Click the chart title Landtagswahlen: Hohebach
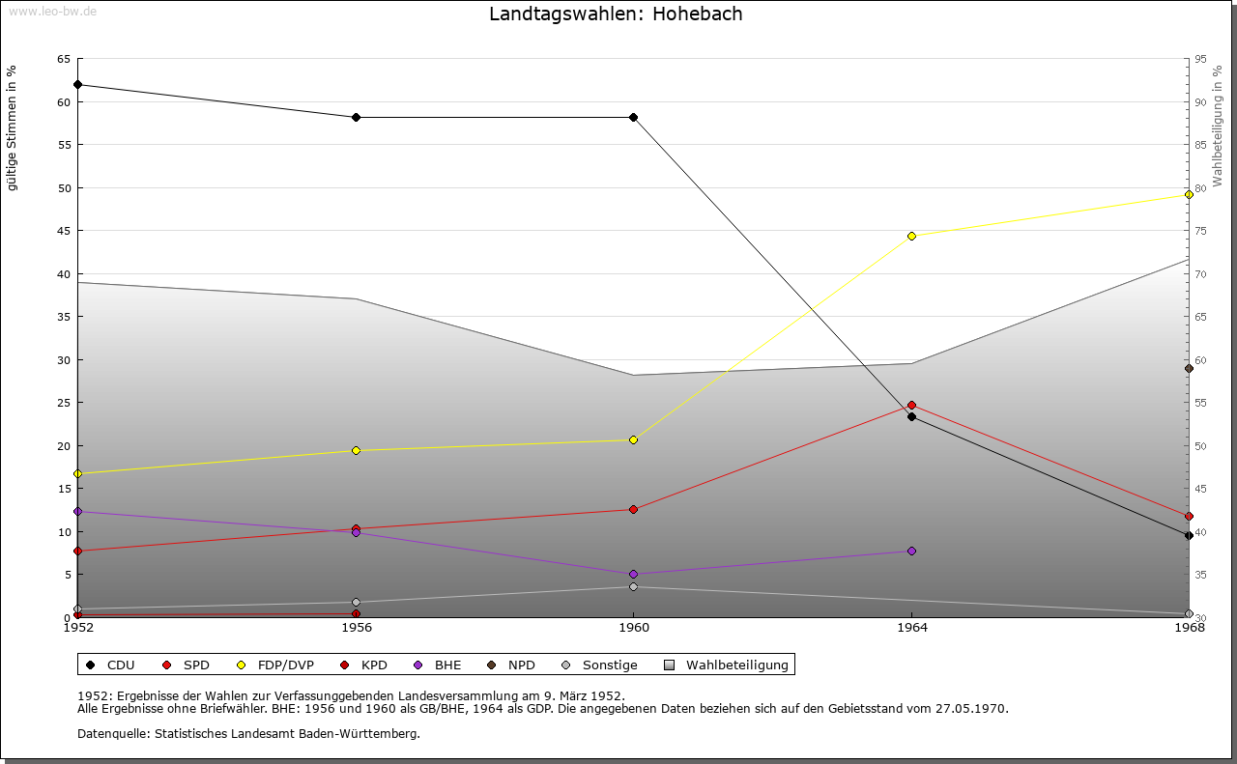click(616, 14)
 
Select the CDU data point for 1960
click(633, 118)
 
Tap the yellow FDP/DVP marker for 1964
click(911, 236)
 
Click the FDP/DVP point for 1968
click(1189, 194)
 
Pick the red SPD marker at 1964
click(911, 405)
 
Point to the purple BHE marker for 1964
click(911, 551)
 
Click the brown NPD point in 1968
click(1189, 368)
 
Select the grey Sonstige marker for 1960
click(633, 586)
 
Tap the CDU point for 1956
click(356, 118)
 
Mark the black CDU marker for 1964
click(911, 416)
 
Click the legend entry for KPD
click(373, 665)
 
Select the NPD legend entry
click(521, 665)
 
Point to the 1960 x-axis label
click(633, 629)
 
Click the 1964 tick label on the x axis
click(911, 629)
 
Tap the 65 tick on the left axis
click(63, 59)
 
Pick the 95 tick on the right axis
click(1200, 59)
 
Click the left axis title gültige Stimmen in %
click(13, 127)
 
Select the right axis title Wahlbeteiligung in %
click(1218, 126)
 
